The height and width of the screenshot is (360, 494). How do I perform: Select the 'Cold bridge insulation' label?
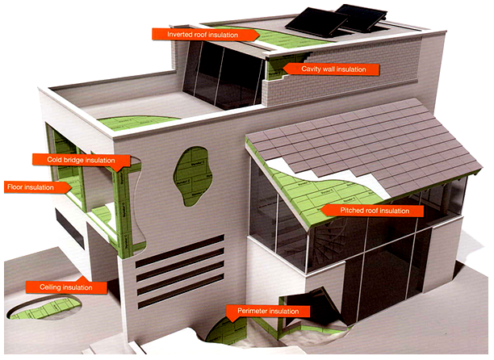pos(82,161)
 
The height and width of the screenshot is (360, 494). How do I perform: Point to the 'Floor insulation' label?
pos(37,187)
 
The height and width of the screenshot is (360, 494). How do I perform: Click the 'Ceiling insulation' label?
pos(66,287)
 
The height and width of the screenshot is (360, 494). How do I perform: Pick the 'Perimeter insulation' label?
pos(268,312)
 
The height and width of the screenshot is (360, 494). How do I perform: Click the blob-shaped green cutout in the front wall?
pos(193,176)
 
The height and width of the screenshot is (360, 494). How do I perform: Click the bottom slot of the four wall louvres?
pos(181,291)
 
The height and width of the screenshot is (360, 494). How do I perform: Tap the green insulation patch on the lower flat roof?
pos(136,122)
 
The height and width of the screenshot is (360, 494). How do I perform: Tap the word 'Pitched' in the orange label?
pos(351,211)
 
